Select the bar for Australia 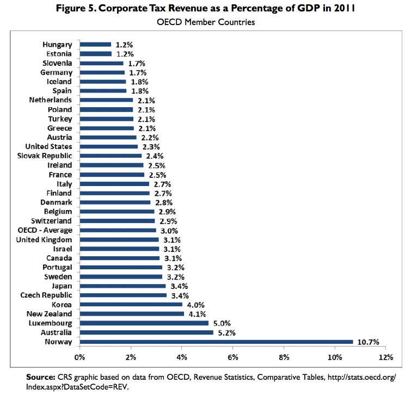146,332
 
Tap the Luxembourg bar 144,323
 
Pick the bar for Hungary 95,45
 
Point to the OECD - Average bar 118,230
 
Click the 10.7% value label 368,342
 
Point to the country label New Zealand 48,314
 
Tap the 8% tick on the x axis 284,357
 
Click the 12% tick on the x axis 385,357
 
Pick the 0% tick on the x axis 80,357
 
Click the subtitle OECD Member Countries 205,22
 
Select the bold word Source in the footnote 39,377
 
